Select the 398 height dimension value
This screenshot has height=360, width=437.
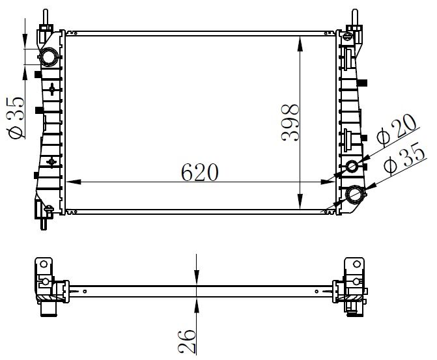point(289,122)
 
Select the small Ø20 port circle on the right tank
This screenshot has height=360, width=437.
point(352,167)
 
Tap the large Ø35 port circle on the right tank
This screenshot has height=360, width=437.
point(356,194)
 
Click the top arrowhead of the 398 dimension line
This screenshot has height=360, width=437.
point(300,40)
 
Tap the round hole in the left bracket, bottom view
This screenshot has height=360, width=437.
point(44,264)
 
